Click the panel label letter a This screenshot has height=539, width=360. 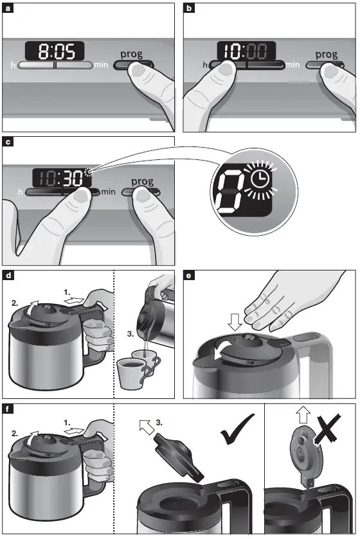pos(9,8)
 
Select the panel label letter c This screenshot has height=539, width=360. pos(9,142)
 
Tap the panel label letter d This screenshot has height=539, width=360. pos(9,276)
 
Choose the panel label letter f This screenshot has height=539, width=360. pos(9,409)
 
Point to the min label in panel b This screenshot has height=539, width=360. pos(292,65)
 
